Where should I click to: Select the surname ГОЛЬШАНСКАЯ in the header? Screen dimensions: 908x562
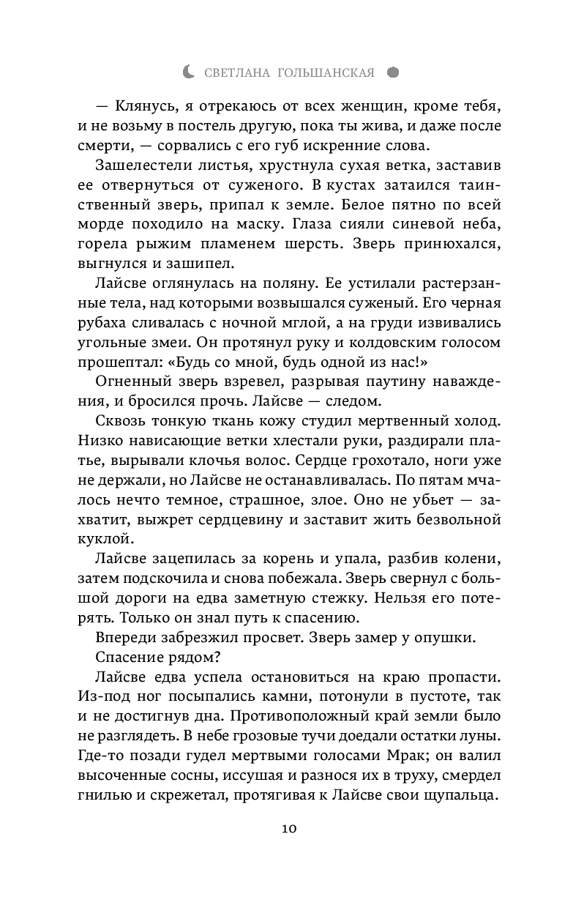click(327, 72)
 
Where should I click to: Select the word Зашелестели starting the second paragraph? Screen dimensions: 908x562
click(140, 165)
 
